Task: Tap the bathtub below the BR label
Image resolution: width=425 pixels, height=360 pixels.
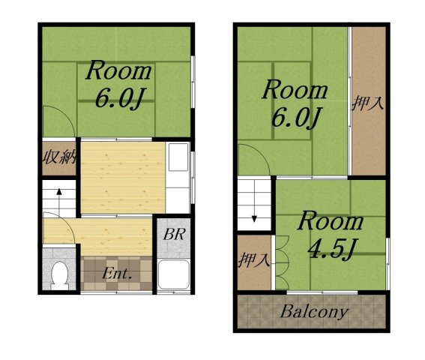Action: [173, 274]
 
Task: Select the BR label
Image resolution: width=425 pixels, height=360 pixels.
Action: [175, 234]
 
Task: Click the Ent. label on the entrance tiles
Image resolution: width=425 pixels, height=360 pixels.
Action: [117, 274]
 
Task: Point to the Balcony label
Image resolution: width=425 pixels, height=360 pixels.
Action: [314, 312]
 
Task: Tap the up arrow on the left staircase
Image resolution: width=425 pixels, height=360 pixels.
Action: [59, 199]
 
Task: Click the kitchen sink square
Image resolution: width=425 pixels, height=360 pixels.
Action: [178, 157]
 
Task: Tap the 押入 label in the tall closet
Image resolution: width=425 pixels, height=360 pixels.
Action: [368, 103]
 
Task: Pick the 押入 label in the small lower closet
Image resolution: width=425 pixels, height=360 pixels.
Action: [254, 260]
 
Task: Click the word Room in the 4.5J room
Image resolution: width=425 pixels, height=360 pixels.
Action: [331, 221]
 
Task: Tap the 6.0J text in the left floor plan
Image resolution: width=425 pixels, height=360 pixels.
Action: [119, 98]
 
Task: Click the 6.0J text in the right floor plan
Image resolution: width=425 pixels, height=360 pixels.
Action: [297, 118]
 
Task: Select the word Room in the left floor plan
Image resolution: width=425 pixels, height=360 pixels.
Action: [118, 70]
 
